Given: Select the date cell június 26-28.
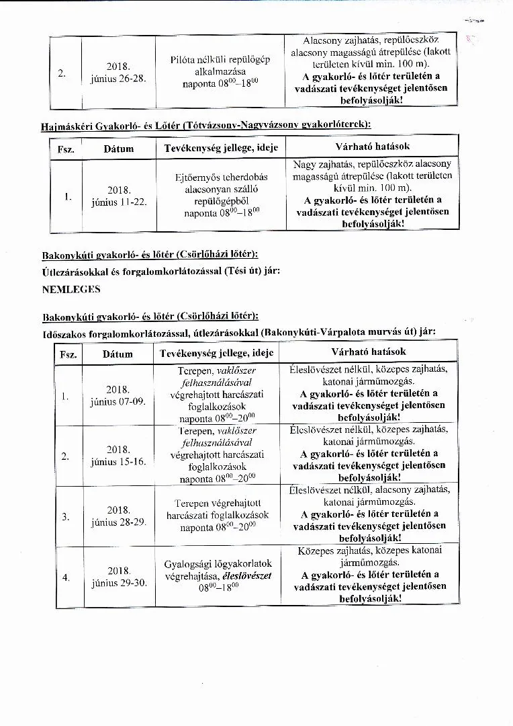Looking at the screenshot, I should click(118, 73).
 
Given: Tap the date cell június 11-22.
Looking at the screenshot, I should click(118, 196).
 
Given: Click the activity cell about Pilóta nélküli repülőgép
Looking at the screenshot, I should click(220, 72).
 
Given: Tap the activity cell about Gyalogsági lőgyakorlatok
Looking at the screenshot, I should click(218, 575).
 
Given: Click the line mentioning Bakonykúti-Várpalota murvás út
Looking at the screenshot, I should click(238, 331).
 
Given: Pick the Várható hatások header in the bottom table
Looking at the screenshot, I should click(369, 352).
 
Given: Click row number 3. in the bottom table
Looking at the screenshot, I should click(66, 516).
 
